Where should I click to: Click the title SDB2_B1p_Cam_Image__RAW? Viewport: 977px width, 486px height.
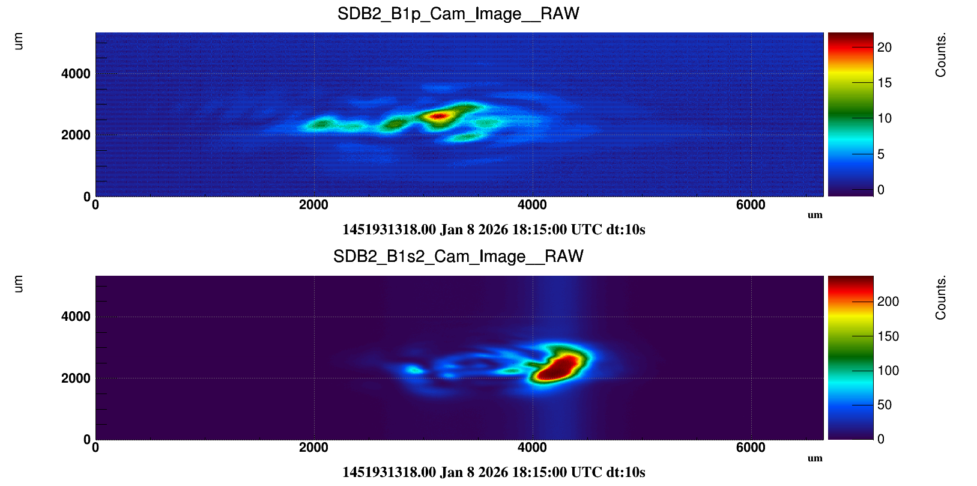click(458, 14)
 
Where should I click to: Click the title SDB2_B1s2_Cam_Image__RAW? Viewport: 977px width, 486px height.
click(458, 257)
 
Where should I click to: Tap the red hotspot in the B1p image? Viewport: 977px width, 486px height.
click(439, 116)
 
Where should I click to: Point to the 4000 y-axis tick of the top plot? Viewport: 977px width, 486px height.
click(76, 74)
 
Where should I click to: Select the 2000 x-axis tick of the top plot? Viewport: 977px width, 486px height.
click(313, 205)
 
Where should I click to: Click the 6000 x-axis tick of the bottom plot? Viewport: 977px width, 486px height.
click(751, 448)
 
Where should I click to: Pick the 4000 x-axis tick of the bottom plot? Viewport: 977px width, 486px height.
click(532, 448)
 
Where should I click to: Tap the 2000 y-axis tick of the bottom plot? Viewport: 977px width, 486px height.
click(76, 378)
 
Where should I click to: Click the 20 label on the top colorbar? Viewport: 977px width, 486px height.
click(884, 47)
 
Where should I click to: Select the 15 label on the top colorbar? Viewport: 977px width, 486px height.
click(884, 83)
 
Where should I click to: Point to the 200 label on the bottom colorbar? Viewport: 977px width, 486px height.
click(888, 302)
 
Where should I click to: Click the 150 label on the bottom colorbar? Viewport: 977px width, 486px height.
click(888, 336)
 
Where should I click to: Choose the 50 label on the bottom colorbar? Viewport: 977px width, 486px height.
click(884, 405)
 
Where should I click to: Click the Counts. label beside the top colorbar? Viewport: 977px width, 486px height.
click(940, 55)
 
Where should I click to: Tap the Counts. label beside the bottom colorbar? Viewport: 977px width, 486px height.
click(940, 298)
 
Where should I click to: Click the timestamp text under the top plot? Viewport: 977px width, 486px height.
click(494, 229)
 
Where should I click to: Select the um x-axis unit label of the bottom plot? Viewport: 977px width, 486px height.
click(815, 458)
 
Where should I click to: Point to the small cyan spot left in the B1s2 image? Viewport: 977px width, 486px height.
click(413, 369)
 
